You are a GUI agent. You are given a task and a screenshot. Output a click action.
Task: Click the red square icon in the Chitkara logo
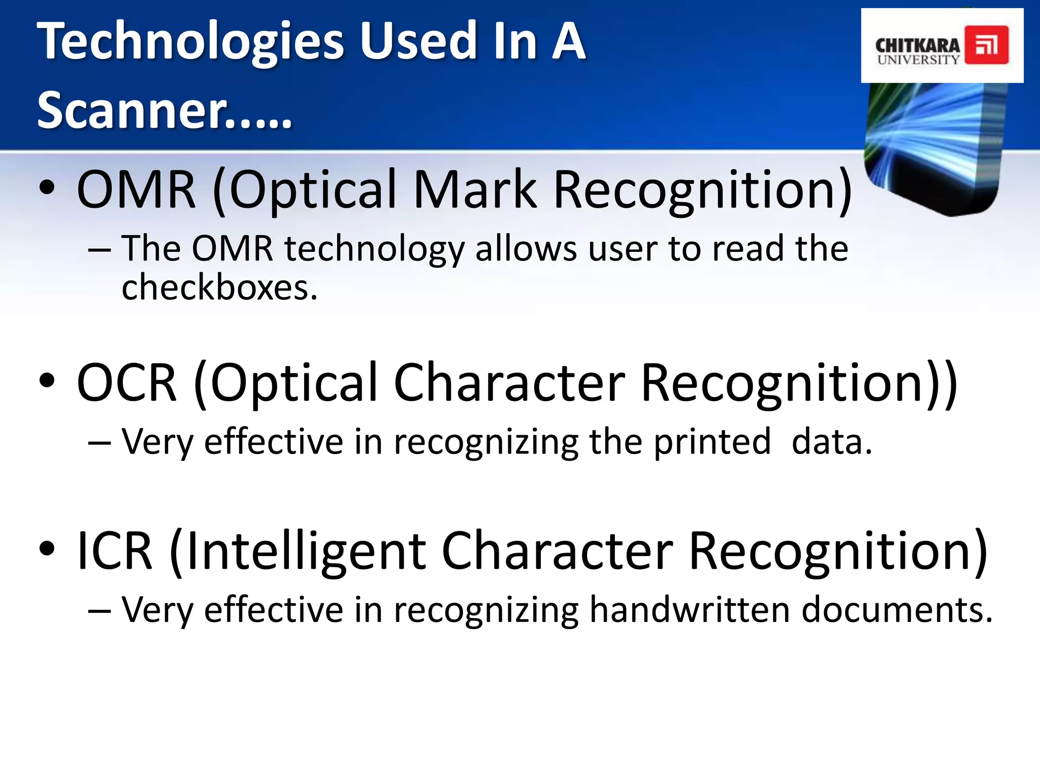pyautogui.click(x=986, y=46)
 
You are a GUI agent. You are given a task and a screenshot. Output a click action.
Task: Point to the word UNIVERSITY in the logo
pyautogui.click(x=918, y=60)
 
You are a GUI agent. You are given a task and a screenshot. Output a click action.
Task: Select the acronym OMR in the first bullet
pyautogui.click(x=136, y=190)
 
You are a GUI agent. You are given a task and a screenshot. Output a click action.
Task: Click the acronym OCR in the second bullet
pyautogui.click(x=127, y=383)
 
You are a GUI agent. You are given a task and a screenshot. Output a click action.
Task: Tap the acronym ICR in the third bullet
pyautogui.click(x=115, y=551)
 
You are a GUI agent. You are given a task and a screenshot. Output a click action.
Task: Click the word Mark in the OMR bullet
pyautogui.click(x=475, y=190)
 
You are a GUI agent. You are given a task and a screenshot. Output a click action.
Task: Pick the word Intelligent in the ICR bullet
pyautogui.click(x=306, y=551)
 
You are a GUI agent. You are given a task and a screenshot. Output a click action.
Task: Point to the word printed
pyautogui.click(x=712, y=442)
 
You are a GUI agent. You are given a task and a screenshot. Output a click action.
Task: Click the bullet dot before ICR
pyautogui.click(x=46, y=549)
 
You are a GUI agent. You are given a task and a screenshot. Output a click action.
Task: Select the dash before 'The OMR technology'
pyautogui.click(x=99, y=250)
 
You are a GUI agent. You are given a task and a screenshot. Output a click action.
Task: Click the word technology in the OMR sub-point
pyautogui.click(x=374, y=250)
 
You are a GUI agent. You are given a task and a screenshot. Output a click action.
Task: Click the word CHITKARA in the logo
pyautogui.click(x=917, y=46)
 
